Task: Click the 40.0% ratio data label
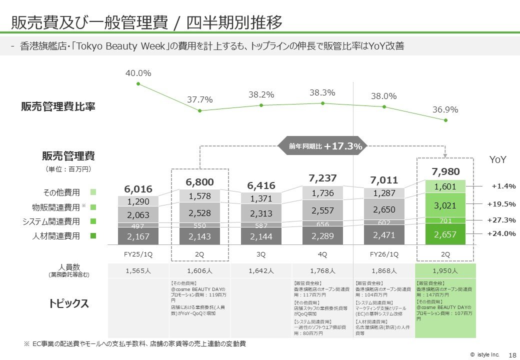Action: pos(138,73)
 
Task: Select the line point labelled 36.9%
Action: pos(446,120)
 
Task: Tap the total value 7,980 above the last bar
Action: pos(445,172)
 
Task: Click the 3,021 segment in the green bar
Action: pos(445,205)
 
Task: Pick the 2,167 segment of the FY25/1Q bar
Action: pos(138,236)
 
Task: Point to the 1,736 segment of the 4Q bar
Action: pos(322,193)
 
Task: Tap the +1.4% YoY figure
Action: pos(503,186)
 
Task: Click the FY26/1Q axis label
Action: pos(384,254)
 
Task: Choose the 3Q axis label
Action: pos(261,254)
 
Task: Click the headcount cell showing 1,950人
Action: pos(445,270)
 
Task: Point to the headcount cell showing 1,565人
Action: pos(138,270)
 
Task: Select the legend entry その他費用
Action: pos(62,192)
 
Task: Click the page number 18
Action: pos(511,354)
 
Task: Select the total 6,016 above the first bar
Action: pos(138,189)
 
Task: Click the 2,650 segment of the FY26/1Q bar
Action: pos(384,209)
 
